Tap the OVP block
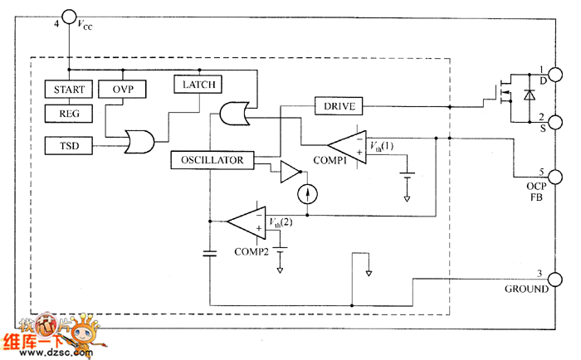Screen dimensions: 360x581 point(122,89)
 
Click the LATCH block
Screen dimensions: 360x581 point(195,83)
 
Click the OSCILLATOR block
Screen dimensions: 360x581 point(212,159)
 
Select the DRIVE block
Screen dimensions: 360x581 point(339,106)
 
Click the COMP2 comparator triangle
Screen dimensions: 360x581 point(247,221)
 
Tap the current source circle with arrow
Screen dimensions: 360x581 point(307,194)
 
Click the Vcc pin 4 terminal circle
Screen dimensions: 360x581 point(67,17)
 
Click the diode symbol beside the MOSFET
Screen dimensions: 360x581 point(530,96)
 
